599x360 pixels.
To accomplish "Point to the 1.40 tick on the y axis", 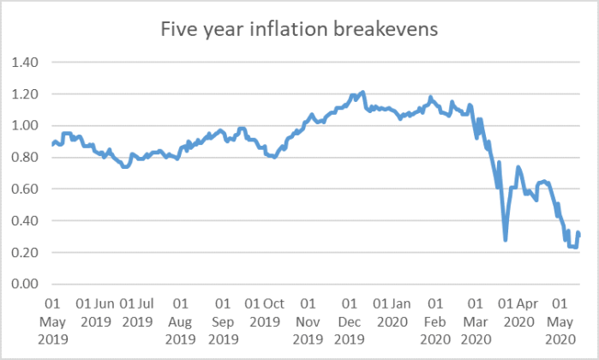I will click(26, 63).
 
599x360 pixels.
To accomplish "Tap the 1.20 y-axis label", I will click(26, 94).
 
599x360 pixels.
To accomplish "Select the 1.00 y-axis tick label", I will click(26, 126).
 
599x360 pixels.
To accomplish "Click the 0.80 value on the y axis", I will click(26, 158).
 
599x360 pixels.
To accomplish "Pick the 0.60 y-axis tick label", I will click(26, 189).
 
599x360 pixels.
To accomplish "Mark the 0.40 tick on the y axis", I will click(26, 221).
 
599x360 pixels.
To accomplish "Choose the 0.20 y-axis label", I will click(26, 253).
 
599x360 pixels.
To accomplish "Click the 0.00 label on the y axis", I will click(26, 285).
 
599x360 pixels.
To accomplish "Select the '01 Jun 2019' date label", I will click(94, 312).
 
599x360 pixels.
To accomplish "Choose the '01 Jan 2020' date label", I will click(392, 312).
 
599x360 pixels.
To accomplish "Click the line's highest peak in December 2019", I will click(363, 92).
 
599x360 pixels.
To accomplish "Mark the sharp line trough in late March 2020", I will click(506, 239).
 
